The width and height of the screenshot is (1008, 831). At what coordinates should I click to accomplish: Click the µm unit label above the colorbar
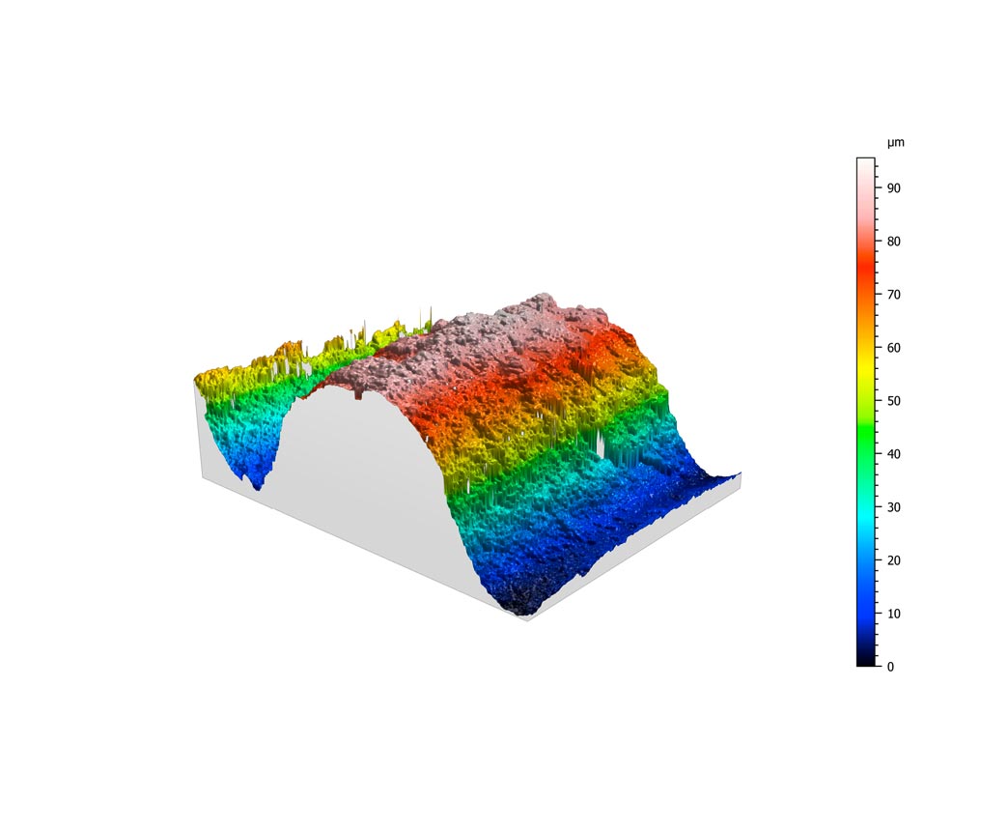tap(895, 143)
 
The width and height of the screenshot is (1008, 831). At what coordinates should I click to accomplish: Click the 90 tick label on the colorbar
tap(893, 188)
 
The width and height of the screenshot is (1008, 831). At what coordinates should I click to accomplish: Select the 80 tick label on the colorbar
tap(893, 242)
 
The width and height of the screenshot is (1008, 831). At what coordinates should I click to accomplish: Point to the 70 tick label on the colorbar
tap(893, 295)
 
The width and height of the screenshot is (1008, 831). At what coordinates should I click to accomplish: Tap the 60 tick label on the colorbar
tap(893, 348)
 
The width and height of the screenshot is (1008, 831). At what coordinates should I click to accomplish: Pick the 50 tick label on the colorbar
tap(893, 401)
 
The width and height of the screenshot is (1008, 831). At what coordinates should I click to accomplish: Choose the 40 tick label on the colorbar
tap(893, 454)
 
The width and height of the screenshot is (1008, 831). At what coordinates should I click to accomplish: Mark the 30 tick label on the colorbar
tap(893, 507)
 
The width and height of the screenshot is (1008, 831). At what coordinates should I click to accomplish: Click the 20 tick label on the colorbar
tap(893, 560)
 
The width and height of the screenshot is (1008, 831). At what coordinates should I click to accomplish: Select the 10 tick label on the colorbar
tap(893, 614)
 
